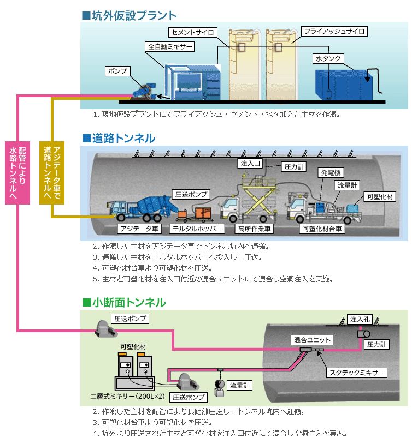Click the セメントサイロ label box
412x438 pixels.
point(191,32)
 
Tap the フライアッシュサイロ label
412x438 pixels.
point(334,31)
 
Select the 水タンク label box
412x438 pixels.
point(326,57)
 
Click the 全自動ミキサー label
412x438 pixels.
point(170,47)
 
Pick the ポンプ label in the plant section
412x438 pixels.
point(117,71)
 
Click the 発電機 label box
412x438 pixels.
point(331,172)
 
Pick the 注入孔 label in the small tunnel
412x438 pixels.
point(360,318)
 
